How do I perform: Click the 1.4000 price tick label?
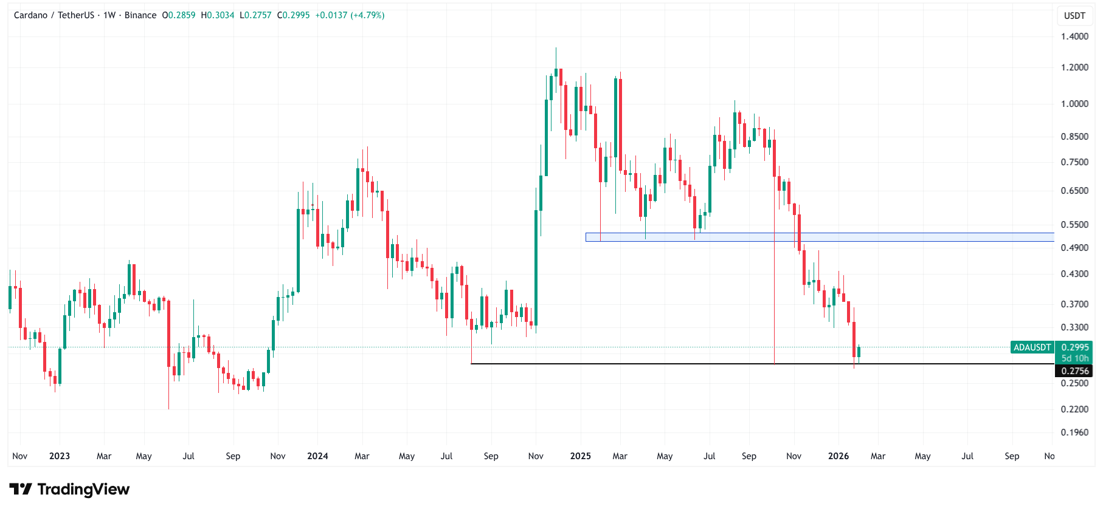1074,36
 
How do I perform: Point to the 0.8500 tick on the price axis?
1074,137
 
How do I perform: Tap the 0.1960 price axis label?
1074,432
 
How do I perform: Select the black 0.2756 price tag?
1074,370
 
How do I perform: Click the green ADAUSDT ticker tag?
1032,347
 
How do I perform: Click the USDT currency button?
1074,16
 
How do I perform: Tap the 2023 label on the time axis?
60,456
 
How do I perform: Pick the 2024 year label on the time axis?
317,456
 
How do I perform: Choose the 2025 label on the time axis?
580,456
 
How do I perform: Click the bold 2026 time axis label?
838,456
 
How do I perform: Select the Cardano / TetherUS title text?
54,15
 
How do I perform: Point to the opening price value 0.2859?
181,15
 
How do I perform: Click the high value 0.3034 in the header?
220,15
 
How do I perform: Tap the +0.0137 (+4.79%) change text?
350,15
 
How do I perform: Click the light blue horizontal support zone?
820,237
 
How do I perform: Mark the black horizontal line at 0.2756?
669,364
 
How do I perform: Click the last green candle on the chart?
859,352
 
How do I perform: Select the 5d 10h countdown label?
1074,358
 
